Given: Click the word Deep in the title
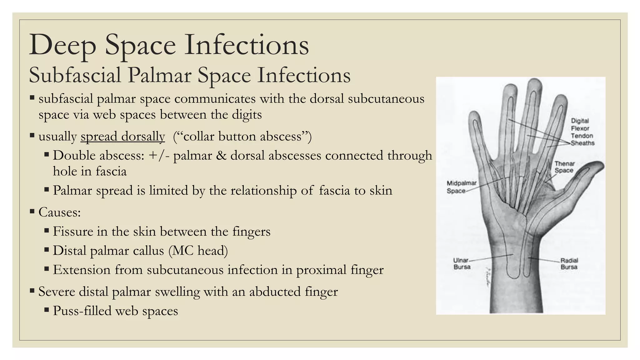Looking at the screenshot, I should click(62, 45).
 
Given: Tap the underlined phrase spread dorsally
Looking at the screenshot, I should click(122, 136).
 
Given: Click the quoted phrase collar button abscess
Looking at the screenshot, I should click(242, 136).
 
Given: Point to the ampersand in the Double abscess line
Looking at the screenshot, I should click(221, 155).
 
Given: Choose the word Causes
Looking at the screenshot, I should click(59, 212).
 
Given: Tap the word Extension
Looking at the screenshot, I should click(82, 270).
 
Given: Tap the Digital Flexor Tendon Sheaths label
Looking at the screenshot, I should click(582, 132).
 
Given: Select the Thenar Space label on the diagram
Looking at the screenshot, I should click(564, 167).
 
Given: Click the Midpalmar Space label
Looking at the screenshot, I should click(461, 187).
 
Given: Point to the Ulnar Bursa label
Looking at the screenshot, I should click(462, 263).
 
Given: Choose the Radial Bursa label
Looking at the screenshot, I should click(569, 263).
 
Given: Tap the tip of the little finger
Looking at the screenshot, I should click(474, 115).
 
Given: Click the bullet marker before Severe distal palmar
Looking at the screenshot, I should click(32, 291).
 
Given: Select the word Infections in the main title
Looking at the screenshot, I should click(247, 45).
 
